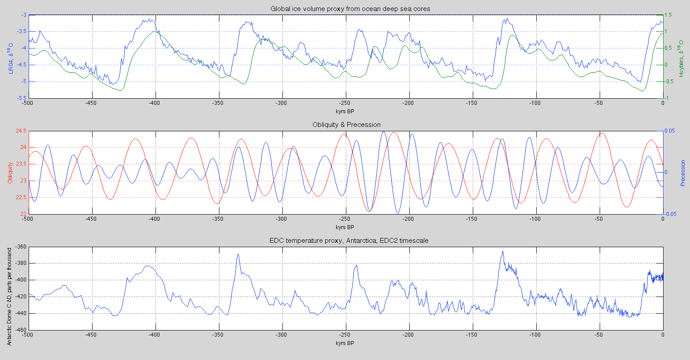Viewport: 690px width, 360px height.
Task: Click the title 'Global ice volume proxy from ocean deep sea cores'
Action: (x=345, y=9)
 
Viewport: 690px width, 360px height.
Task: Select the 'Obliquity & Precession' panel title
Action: (x=346, y=125)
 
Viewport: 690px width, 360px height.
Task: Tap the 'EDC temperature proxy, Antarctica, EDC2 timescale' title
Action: (x=349, y=241)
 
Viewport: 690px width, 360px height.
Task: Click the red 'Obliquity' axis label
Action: (x=10, y=173)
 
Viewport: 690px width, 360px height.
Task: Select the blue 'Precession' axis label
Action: (x=683, y=173)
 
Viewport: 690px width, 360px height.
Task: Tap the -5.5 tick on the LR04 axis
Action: (x=20, y=98)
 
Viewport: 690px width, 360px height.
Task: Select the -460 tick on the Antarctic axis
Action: (x=20, y=330)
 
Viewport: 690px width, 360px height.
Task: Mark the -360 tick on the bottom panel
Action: (x=20, y=247)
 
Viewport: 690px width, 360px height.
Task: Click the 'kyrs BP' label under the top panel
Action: (x=345, y=111)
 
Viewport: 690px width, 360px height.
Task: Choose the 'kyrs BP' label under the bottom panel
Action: (x=345, y=343)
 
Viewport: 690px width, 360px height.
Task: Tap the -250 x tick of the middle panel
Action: (x=345, y=219)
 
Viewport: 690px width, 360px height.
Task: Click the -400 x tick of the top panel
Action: (x=155, y=103)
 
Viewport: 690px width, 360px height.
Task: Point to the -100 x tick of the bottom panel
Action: (x=535, y=334)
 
